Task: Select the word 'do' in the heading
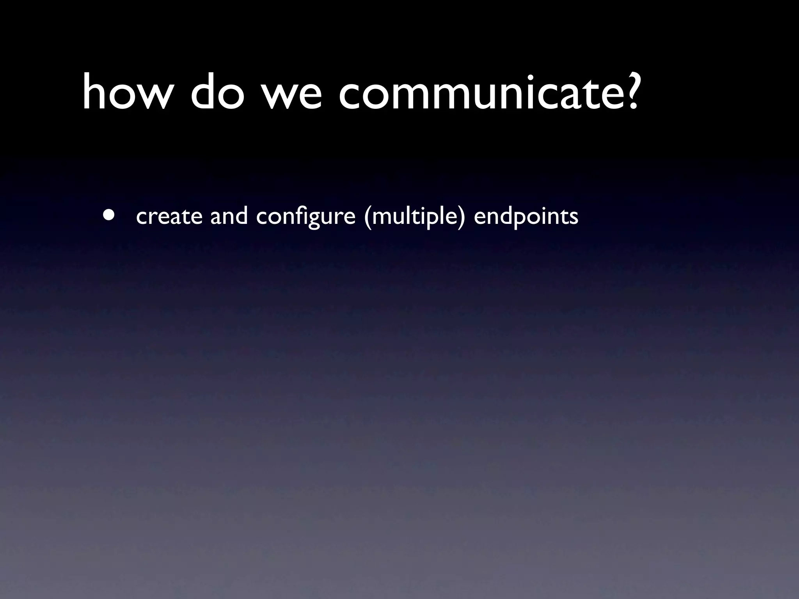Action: pos(215,93)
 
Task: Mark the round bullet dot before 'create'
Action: pos(109,216)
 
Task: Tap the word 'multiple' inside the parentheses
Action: pos(414,217)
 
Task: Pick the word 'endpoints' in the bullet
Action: pos(526,217)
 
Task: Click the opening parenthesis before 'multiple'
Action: pos(367,217)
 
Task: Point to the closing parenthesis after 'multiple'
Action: pos(462,217)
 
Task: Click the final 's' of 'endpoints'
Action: pos(574,218)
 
